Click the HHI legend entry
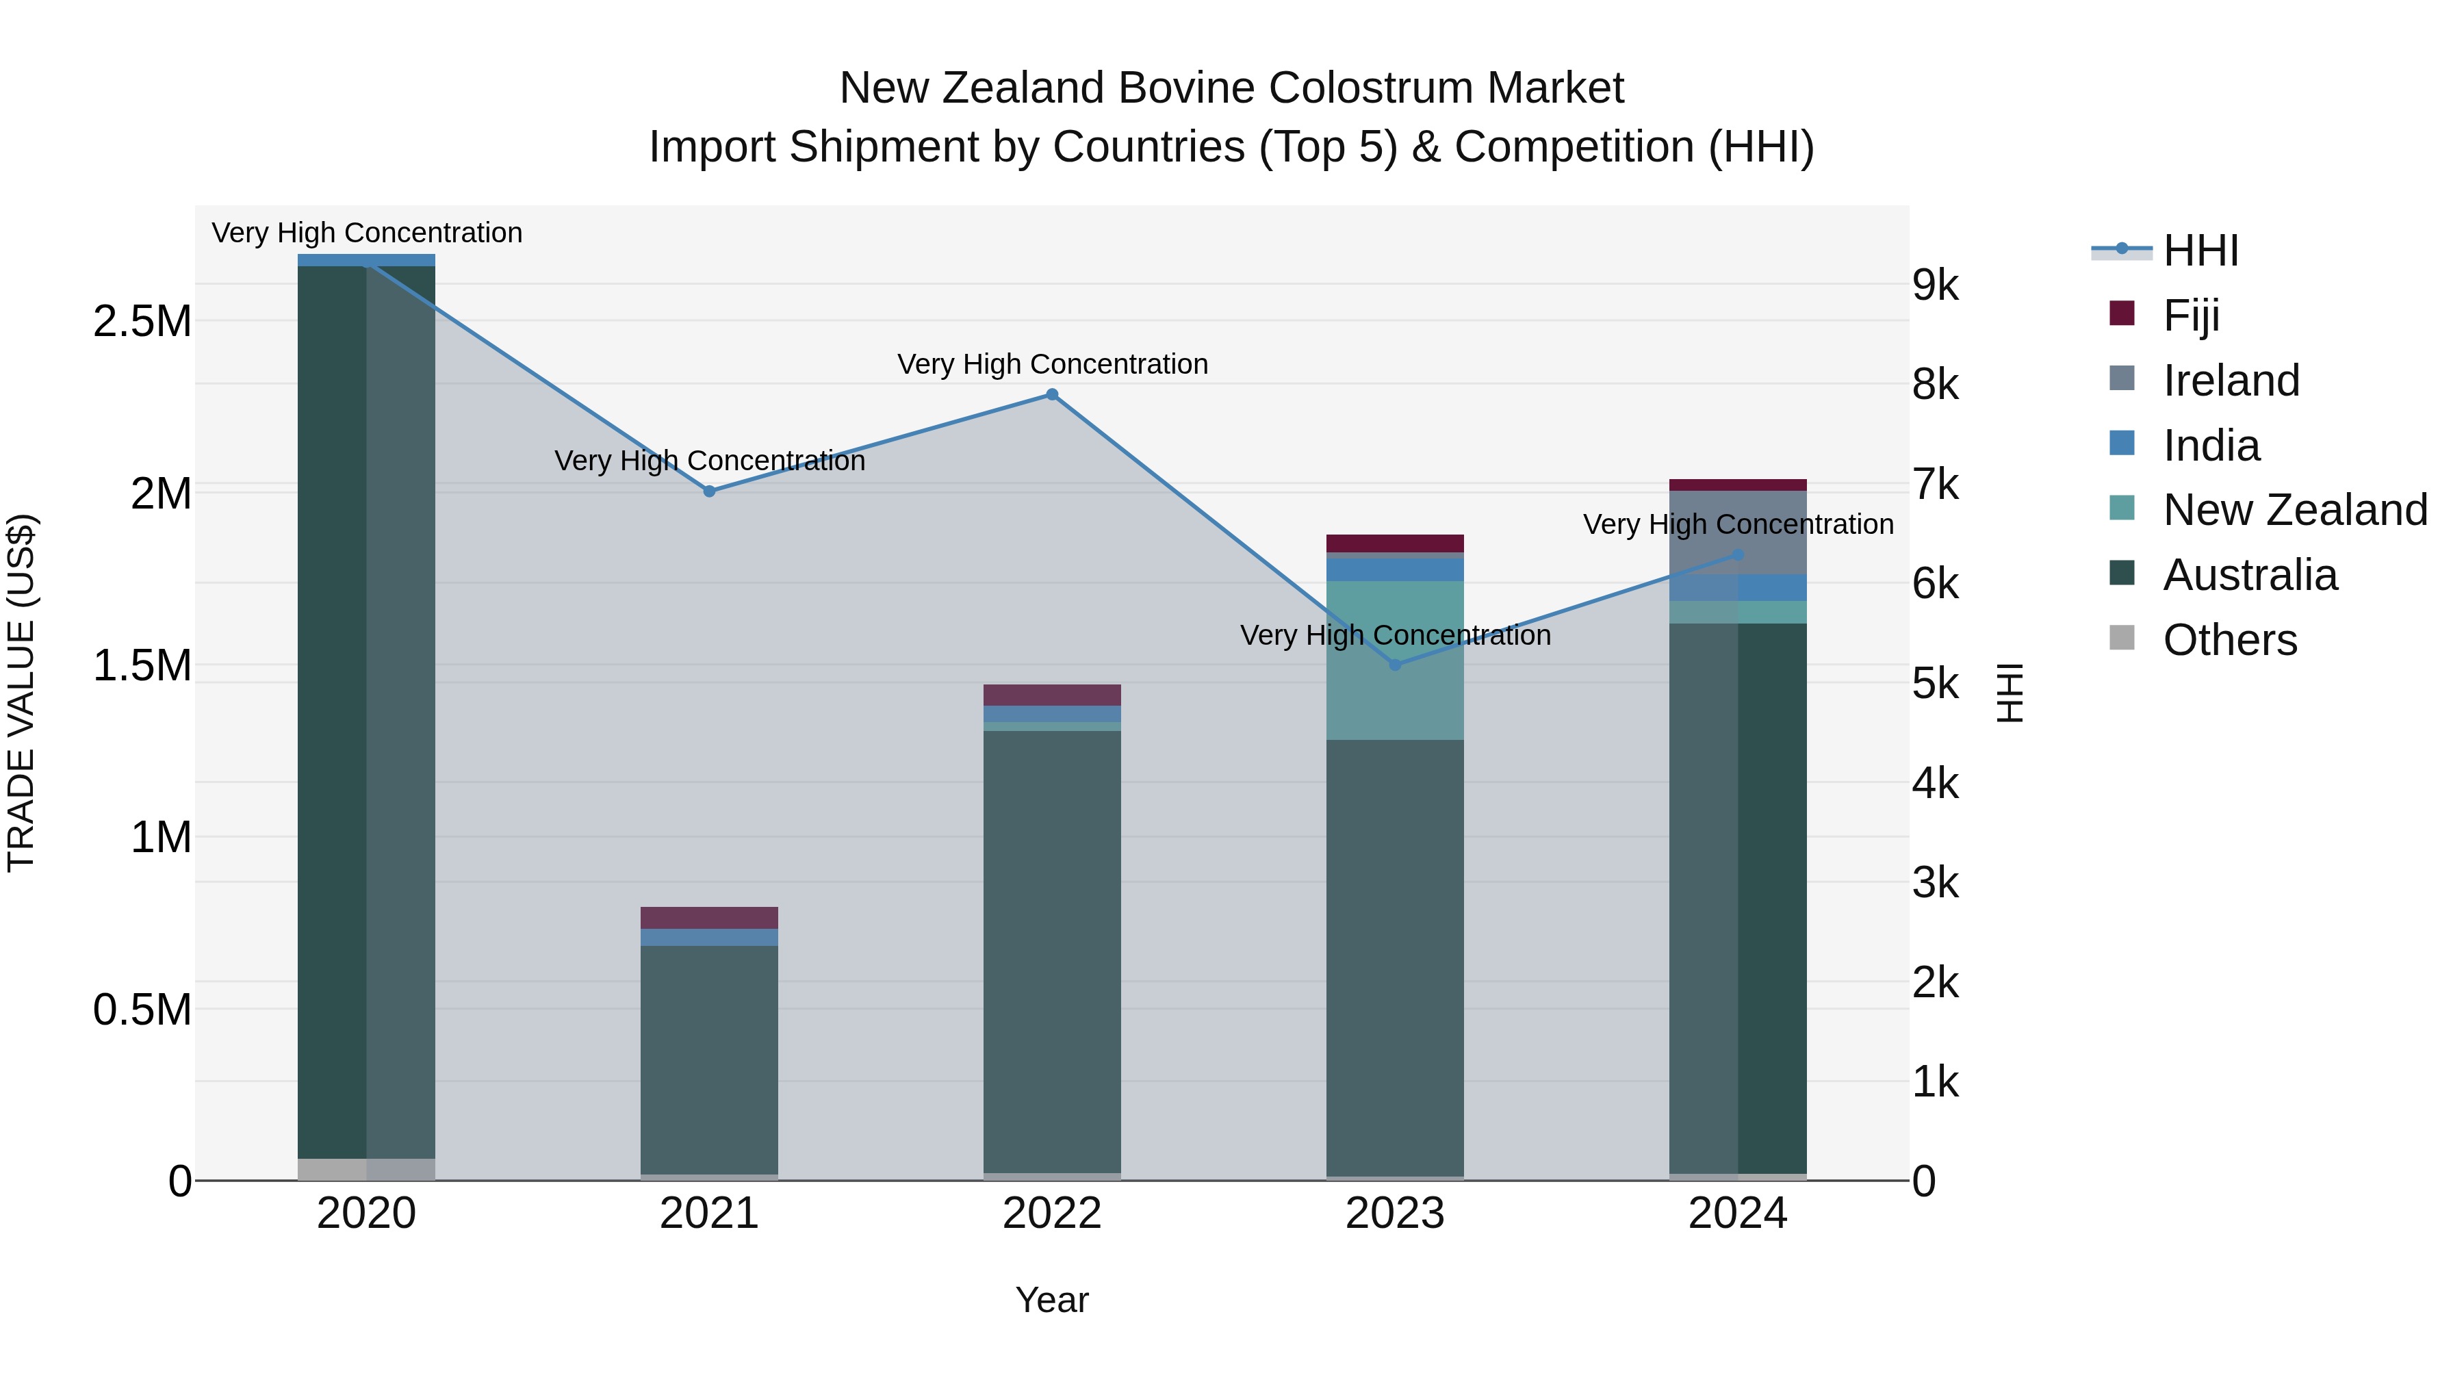(x=2200, y=251)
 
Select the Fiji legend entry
(x=2190, y=315)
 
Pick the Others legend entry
(x=2229, y=640)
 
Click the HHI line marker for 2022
(x=1052, y=394)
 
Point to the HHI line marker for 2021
(x=710, y=491)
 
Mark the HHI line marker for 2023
(x=1395, y=664)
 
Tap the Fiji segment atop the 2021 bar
(x=710, y=917)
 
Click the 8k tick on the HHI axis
(x=1935, y=385)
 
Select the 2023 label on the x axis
(x=1395, y=1214)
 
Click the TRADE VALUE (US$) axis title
(x=21, y=693)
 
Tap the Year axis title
(x=1052, y=1300)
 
